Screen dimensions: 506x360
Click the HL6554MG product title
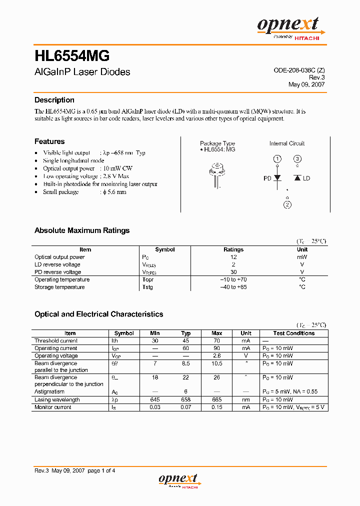click(72, 55)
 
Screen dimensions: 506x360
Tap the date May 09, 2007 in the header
click(306, 84)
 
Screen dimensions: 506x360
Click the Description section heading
click(54, 100)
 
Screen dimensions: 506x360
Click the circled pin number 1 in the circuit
click(277, 158)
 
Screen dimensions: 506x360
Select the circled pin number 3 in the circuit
click(297, 158)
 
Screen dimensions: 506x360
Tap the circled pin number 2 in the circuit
click(287, 204)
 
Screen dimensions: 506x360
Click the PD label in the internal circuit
click(267, 178)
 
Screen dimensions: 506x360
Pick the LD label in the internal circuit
click(306, 178)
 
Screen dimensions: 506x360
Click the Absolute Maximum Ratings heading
click(82, 230)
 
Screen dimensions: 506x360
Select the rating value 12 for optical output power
click(233, 257)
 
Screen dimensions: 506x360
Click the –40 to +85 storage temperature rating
click(233, 287)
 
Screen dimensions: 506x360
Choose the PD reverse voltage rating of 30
click(233, 272)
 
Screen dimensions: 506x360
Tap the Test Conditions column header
click(294, 333)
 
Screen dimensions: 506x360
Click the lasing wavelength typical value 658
click(186, 399)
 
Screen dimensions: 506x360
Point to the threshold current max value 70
click(217, 340)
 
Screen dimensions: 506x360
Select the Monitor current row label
click(53, 407)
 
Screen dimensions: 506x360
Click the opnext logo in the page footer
click(178, 480)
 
